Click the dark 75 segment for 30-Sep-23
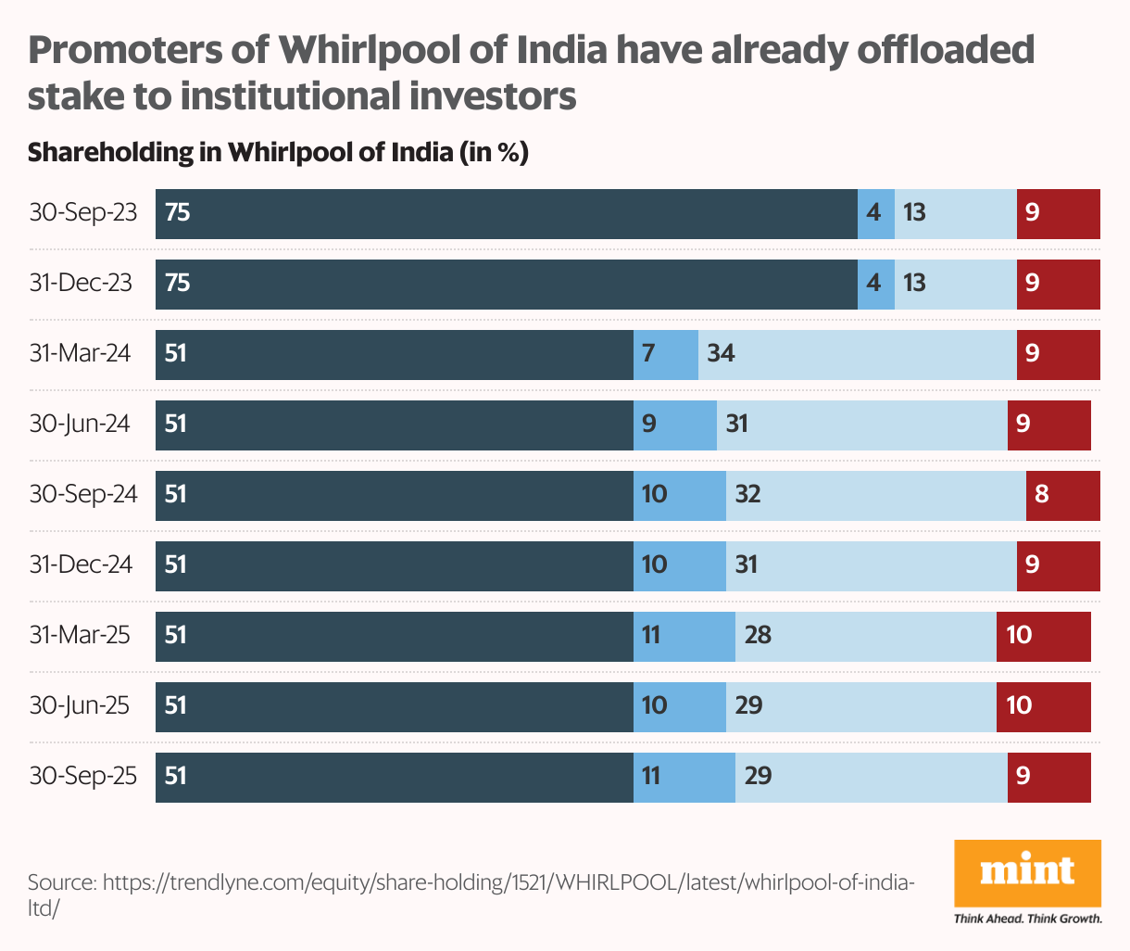coord(506,214)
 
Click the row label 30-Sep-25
coord(83,776)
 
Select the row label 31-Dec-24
coord(82,564)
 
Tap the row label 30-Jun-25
coord(80,705)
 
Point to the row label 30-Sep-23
coord(83,213)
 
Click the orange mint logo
coord(1027,872)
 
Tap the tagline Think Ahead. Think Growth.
coord(1027,919)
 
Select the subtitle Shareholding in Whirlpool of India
coord(277,152)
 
